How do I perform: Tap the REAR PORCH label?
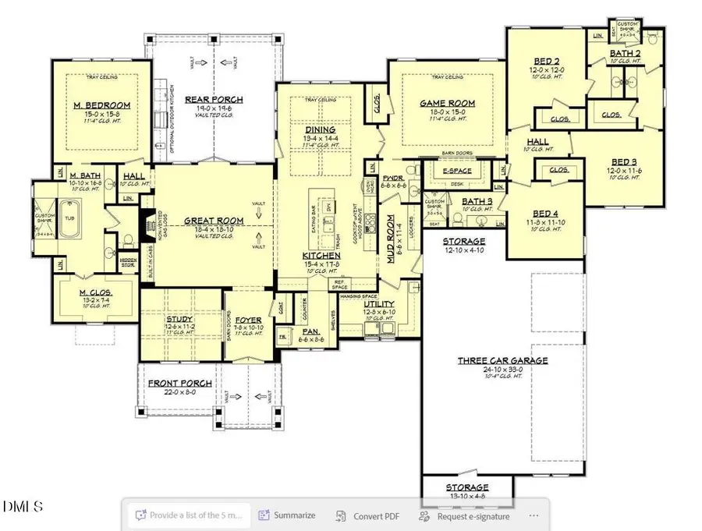[214, 100]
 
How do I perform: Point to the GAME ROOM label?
[447, 103]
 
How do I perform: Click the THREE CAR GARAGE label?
[502, 361]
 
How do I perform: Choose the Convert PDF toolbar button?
[367, 515]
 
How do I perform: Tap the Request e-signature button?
[465, 515]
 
